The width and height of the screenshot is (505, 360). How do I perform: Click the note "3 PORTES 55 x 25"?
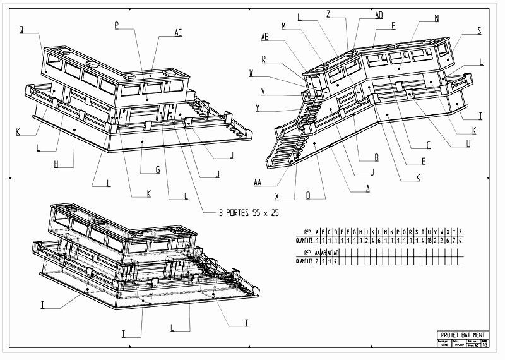249,213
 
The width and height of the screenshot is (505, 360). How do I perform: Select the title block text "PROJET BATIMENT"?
463,335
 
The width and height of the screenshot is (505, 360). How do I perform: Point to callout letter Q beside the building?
22,29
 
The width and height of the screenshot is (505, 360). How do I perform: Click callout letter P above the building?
117,25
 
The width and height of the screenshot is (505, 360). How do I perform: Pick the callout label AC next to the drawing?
179,32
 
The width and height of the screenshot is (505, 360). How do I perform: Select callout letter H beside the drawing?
56,165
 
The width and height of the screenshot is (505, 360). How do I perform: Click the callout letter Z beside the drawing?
328,13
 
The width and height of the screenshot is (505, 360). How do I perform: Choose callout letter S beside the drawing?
479,30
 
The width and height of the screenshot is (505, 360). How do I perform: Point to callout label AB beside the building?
266,37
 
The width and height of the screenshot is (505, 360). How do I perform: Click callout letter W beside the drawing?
252,73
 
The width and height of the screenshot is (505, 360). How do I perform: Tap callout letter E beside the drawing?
424,162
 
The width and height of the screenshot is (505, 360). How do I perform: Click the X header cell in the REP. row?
448,231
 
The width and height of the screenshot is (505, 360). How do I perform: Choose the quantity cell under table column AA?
316,261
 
